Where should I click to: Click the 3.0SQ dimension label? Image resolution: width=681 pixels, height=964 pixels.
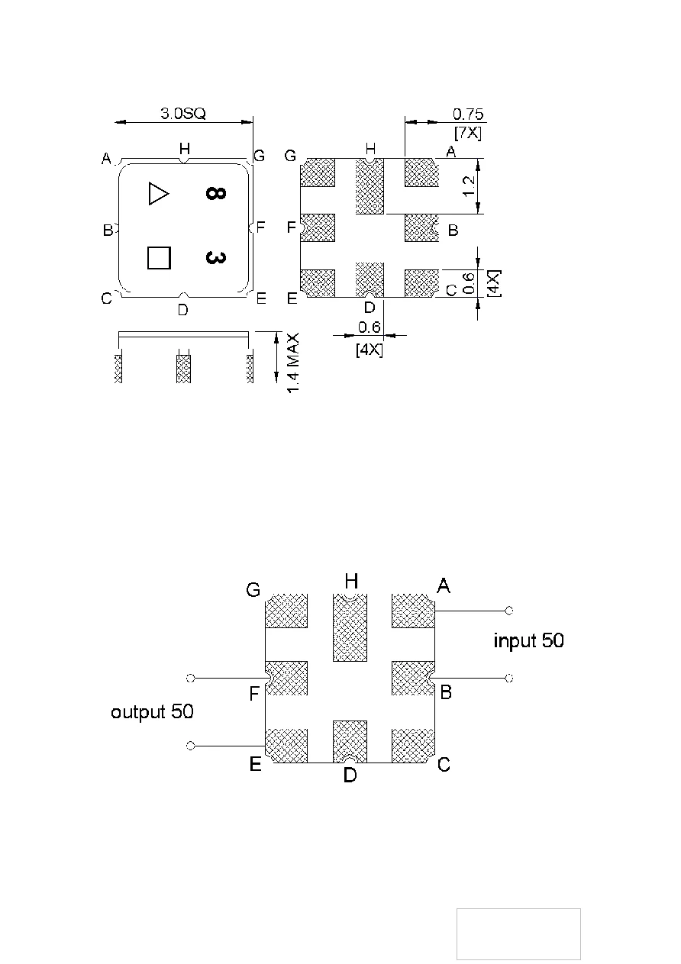tap(183, 114)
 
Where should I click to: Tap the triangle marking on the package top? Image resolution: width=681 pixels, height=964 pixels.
tap(157, 193)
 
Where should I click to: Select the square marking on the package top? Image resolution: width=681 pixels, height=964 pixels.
tap(158, 257)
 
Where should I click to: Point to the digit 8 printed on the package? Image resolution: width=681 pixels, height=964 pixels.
tap(215, 194)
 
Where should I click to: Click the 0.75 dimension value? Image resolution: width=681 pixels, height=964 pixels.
tap(468, 114)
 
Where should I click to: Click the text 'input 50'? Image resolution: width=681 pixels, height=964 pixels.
tap(528, 640)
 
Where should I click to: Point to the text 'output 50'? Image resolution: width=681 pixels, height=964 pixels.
tap(152, 711)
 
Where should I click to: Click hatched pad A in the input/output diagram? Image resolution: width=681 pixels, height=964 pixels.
tap(412, 611)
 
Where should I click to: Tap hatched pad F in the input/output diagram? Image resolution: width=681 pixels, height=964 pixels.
tap(287, 678)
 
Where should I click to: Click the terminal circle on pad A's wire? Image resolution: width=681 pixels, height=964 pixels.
tap(509, 611)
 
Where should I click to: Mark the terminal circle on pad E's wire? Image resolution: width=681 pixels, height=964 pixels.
tap(191, 745)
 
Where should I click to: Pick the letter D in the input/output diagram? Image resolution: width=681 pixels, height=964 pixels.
tap(349, 775)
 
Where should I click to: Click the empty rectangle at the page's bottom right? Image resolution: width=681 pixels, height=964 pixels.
tap(518, 933)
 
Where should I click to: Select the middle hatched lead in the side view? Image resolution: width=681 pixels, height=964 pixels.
tap(183, 368)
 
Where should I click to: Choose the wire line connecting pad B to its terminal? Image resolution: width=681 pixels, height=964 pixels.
tap(470, 678)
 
